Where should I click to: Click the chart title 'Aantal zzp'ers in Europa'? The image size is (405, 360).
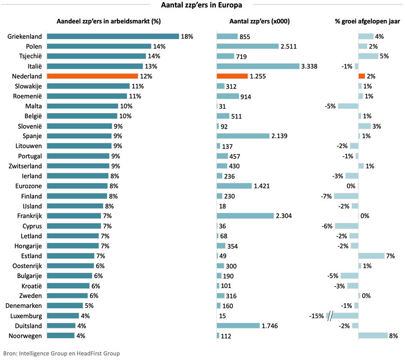tap(202, 5)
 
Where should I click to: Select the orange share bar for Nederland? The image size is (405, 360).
tap(92, 76)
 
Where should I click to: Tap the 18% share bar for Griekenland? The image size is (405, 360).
tap(112, 36)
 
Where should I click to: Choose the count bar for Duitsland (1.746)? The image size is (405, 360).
tap(238, 325)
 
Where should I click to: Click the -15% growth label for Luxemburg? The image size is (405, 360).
tap(316, 316)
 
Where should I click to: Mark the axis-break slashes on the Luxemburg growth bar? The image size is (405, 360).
tap(332, 315)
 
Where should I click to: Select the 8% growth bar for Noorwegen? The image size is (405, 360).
tap(373, 335)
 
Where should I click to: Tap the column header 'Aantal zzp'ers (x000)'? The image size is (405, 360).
tap(259, 21)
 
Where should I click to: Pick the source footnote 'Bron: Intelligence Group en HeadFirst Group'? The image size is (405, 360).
tap(62, 353)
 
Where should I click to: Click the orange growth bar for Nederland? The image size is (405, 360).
tap(362, 76)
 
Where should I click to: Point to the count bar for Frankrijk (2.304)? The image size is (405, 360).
tap(245, 216)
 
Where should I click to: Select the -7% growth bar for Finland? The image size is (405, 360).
tap(346, 196)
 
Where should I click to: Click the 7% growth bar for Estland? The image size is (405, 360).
tap(371, 256)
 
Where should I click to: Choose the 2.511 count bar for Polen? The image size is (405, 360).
tap(247, 46)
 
